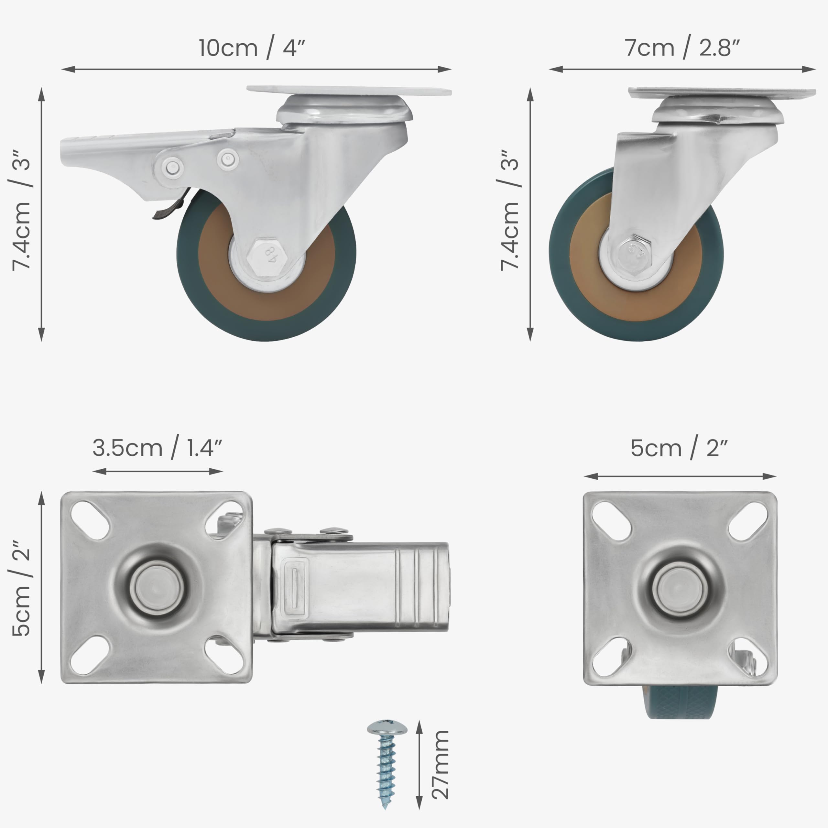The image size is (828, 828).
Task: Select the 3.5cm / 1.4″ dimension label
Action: (x=157, y=448)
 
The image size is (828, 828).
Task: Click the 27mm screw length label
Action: (x=441, y=765)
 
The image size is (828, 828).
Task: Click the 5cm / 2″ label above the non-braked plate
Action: (x=679, y=448)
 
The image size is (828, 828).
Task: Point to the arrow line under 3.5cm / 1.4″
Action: (x=157, y=472)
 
